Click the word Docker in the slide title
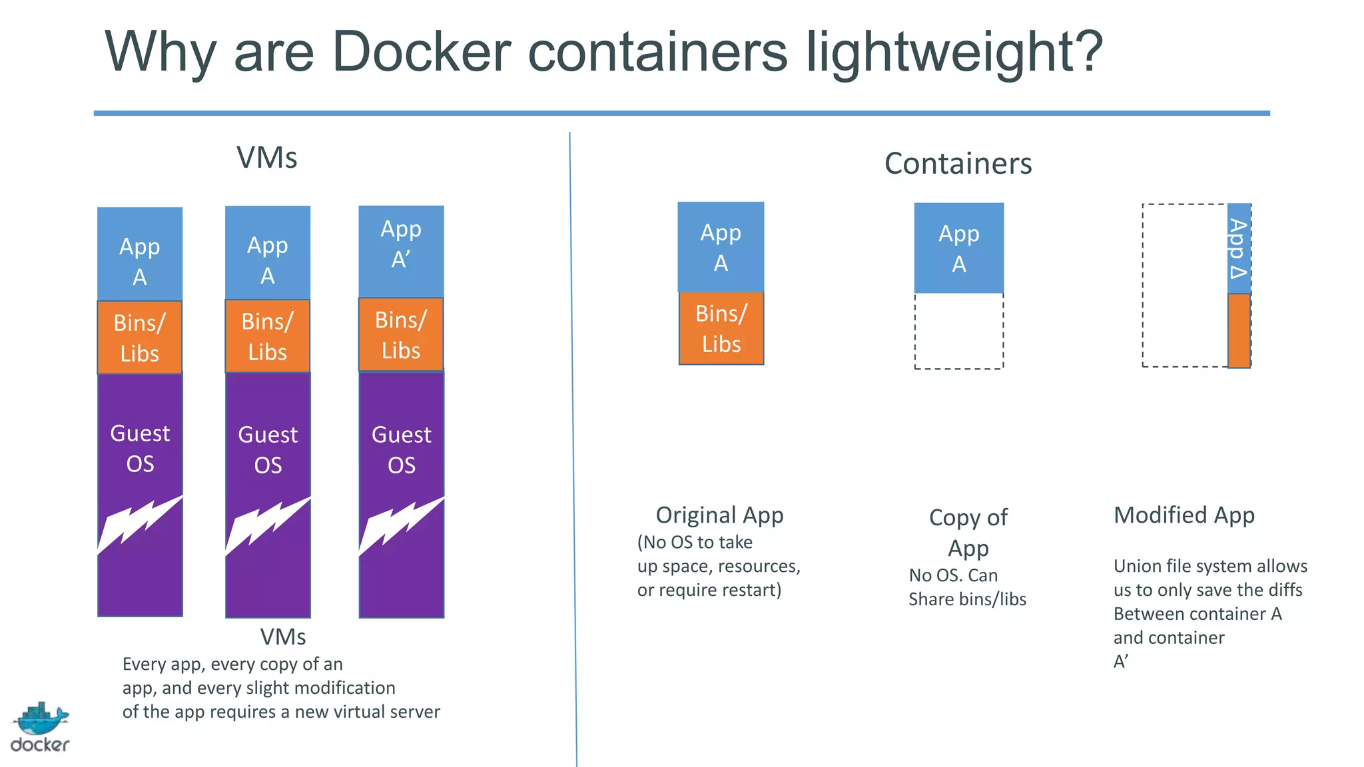(421, 52)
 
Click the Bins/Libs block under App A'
(401, 334)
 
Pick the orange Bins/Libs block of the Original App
(721, 328)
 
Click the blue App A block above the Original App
(721, 247)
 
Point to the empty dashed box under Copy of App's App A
(958, 331)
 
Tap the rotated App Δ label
(1238, 248)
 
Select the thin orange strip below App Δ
(1239, 330)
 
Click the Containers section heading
(958, 164)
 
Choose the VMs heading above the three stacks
(266, 158)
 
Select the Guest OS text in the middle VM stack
(268, 449)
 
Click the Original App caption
(719, 515)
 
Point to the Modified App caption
(1184, 515)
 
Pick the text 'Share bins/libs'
(967, 599)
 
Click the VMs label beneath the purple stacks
(283, 637)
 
